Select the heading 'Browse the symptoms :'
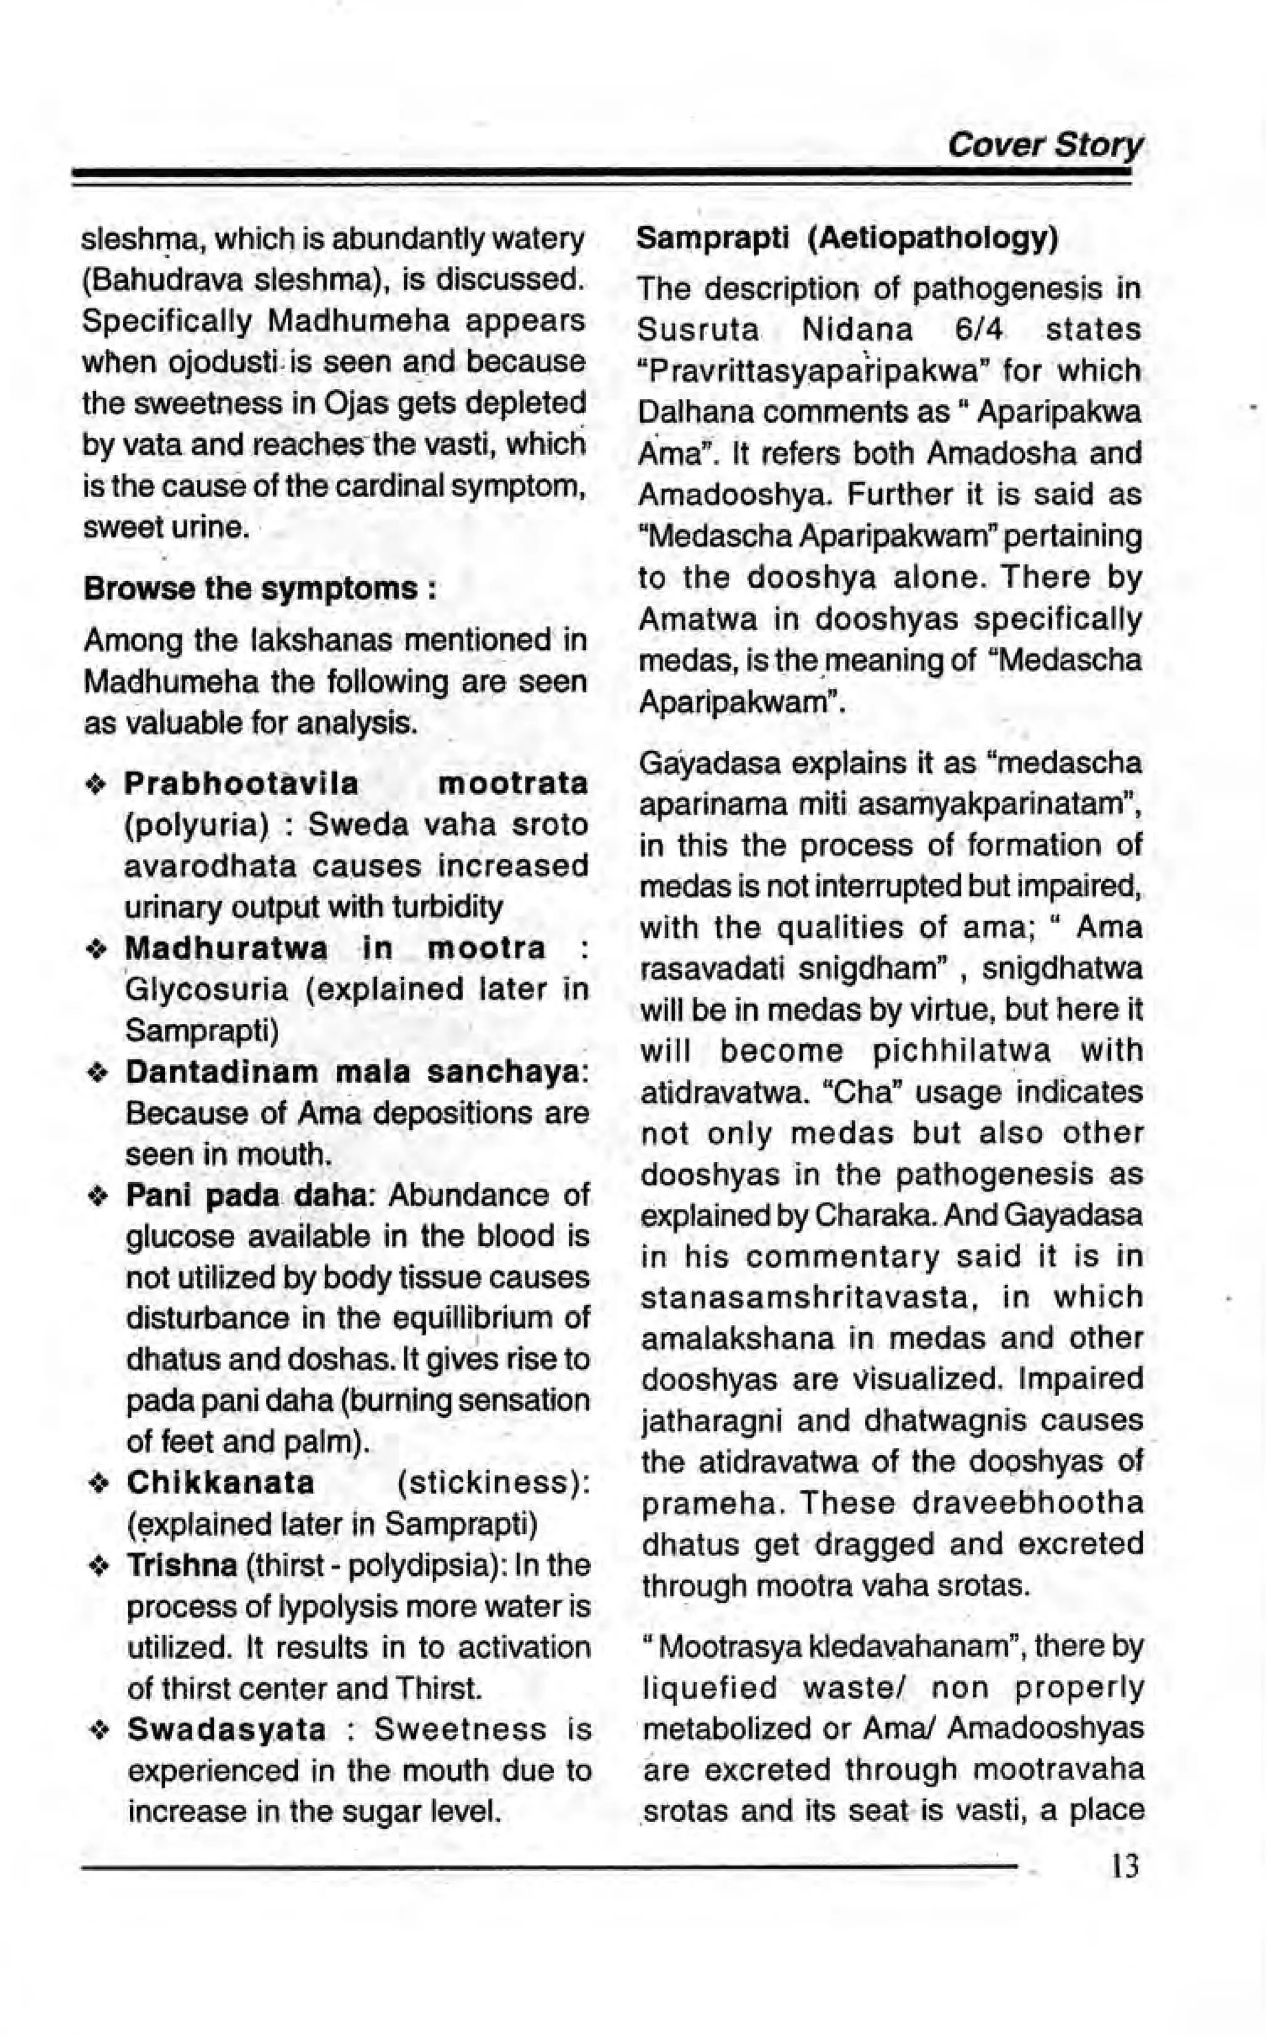coord(259,588)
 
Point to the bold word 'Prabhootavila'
coord(241,785)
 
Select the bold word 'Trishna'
coord(182,1565)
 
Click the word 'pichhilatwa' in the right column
coord(961,1051)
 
